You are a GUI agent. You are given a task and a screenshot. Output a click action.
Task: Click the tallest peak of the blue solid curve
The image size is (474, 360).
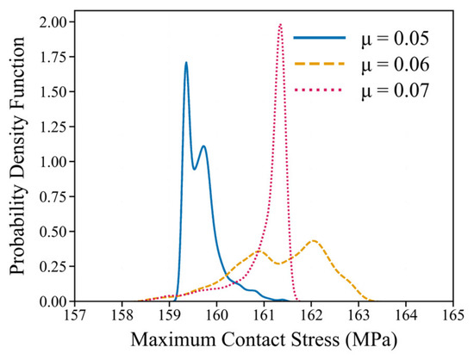[186, 63]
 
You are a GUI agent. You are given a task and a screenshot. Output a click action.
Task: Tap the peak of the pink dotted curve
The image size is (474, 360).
[281, 24]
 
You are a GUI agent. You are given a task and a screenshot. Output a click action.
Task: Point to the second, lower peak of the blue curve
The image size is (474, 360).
[203, 146]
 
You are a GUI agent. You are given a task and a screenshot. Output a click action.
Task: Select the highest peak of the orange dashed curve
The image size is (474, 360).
[314, 240]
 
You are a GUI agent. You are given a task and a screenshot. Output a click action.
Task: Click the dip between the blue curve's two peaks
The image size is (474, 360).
[195, 169]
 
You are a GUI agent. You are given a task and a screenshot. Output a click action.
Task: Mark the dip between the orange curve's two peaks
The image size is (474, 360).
[280, 264]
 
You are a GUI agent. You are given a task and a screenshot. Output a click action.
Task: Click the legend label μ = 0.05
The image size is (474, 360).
[396, 39]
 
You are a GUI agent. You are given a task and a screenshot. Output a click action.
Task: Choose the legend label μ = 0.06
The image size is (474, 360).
[396, 65]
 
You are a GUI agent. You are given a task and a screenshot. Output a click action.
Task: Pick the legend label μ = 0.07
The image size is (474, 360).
[396, 90]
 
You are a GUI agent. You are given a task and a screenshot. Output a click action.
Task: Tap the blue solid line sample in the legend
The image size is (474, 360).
[319, 37]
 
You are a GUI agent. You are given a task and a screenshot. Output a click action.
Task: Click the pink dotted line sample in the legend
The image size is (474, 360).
[319, 90]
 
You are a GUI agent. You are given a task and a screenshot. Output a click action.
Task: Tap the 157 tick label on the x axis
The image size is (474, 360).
[75, 315]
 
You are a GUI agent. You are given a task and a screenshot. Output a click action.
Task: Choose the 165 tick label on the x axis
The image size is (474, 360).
[452, 315]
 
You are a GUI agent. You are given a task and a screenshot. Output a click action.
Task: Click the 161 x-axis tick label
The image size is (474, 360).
[264, 315]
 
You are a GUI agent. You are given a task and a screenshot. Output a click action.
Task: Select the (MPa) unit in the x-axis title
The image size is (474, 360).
[370, 340]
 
